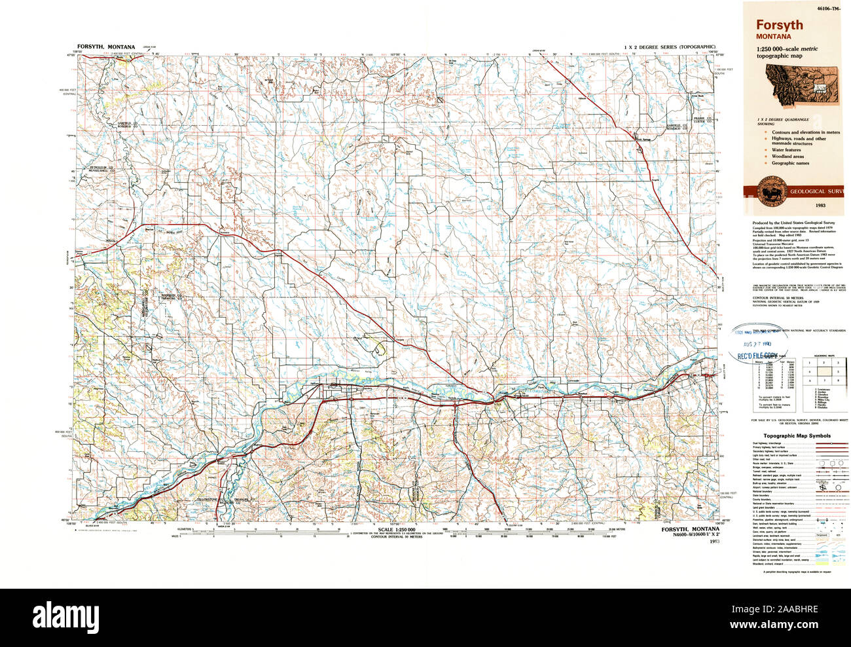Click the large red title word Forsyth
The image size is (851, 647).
click(780, 26)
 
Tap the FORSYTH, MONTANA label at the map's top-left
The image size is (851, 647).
click(105, 47)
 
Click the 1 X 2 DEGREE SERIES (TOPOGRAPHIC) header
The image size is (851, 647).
click(670, 47)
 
